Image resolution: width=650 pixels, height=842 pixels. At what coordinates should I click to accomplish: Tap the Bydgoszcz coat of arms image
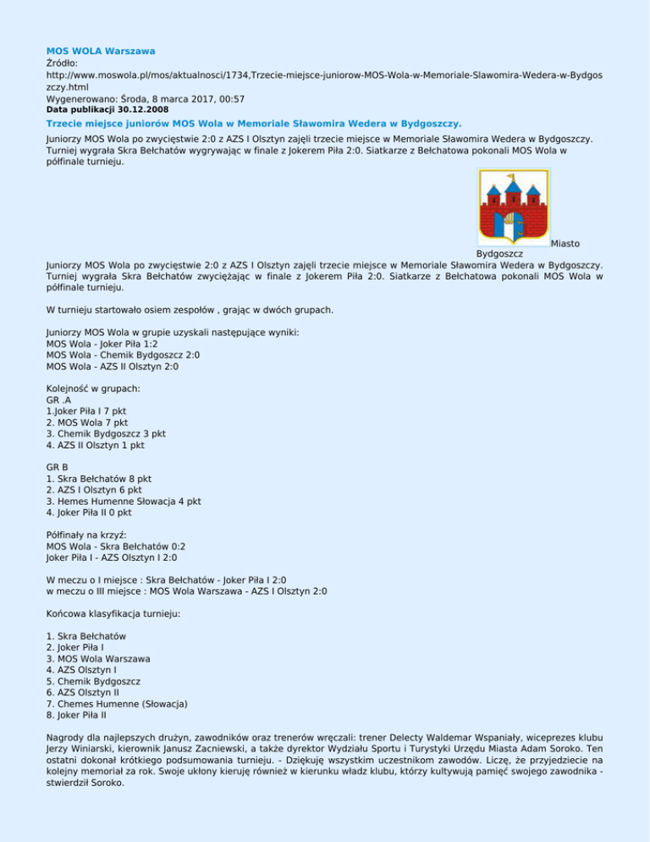514,208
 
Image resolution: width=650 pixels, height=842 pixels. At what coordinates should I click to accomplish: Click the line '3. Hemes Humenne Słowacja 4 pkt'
124,501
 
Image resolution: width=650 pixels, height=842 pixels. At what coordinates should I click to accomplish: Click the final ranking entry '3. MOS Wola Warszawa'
99,658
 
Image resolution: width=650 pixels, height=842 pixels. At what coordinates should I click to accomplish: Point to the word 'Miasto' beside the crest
565,243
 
